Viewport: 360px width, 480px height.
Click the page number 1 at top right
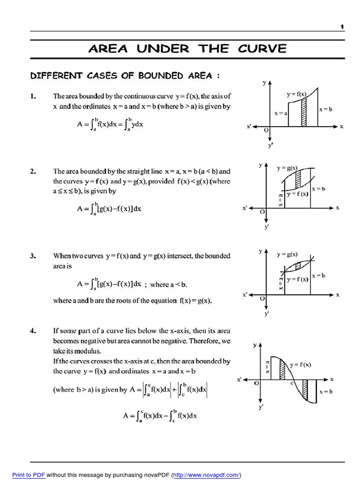(342, 27)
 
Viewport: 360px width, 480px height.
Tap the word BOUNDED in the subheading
(151, 75)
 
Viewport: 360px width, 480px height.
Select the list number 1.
(33, 97)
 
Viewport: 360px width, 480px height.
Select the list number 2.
(33, 172)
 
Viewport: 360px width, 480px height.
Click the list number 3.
(33, 256)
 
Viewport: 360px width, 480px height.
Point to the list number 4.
(33, 331)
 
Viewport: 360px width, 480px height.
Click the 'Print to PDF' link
(29, 475)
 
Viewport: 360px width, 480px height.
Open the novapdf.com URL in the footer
(207, 475)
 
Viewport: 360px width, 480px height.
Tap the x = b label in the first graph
(325, 109)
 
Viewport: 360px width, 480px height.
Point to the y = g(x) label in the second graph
(287, 167)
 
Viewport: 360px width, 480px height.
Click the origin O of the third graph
(262, 298)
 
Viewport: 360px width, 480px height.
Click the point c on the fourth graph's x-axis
(292, 383)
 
